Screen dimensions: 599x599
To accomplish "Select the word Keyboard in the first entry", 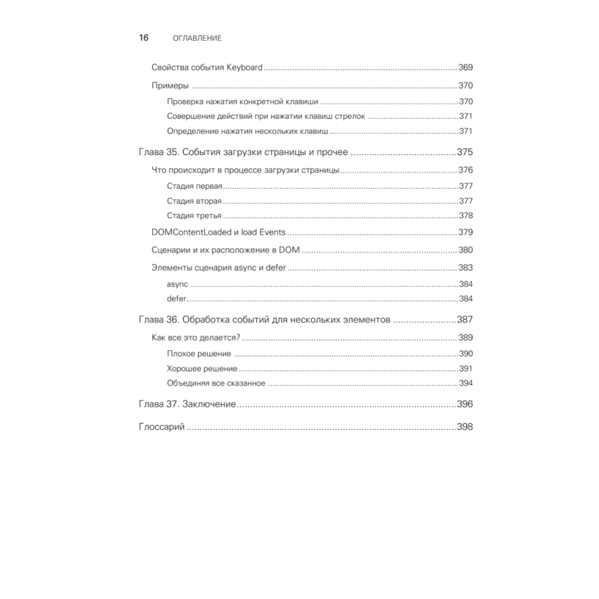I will pos(244,68).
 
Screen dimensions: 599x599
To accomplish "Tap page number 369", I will pos(465,68).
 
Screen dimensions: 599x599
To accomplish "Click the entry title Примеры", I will pos(171,86).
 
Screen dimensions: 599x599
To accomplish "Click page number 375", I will pos(465,152).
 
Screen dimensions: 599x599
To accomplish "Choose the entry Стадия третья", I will pos(194,216).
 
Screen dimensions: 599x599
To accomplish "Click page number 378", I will pos(466,216).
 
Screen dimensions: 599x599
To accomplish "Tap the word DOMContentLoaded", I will pos(190,232).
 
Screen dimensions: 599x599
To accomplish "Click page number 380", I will pos(465,250).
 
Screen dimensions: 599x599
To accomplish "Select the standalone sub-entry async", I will pos(177,284).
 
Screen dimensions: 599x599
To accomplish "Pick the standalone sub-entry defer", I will pos(177,299).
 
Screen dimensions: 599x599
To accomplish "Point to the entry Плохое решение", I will pos(199,354).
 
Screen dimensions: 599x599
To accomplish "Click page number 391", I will pos(466,369).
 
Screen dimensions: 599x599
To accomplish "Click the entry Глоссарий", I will pos(161,428).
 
